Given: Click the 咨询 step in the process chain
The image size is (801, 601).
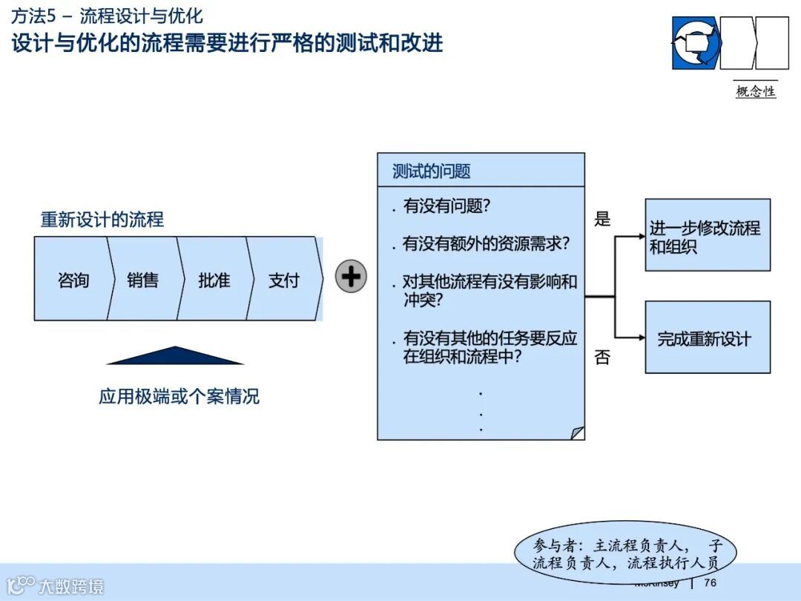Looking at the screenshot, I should (73, 280).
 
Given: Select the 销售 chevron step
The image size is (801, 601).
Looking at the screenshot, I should (142, 280).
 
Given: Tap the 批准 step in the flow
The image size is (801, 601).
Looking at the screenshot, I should (214, 280).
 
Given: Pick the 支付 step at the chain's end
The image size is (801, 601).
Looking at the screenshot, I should (284, 280).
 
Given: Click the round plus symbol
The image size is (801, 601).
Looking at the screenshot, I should (351, 277).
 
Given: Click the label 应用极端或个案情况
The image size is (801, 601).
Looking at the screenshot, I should (179, 396).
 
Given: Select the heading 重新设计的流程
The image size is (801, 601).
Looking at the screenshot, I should (102, 220).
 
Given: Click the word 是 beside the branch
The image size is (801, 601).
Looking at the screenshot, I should (602, 219).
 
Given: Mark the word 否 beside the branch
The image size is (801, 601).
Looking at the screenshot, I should (602, 358).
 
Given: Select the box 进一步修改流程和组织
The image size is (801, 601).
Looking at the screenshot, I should (707, 235).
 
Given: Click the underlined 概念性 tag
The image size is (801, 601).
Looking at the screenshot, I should (755, 91).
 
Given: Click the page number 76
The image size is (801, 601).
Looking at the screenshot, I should (710, 582).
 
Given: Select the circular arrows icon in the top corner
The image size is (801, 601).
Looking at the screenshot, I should (696, 42).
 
